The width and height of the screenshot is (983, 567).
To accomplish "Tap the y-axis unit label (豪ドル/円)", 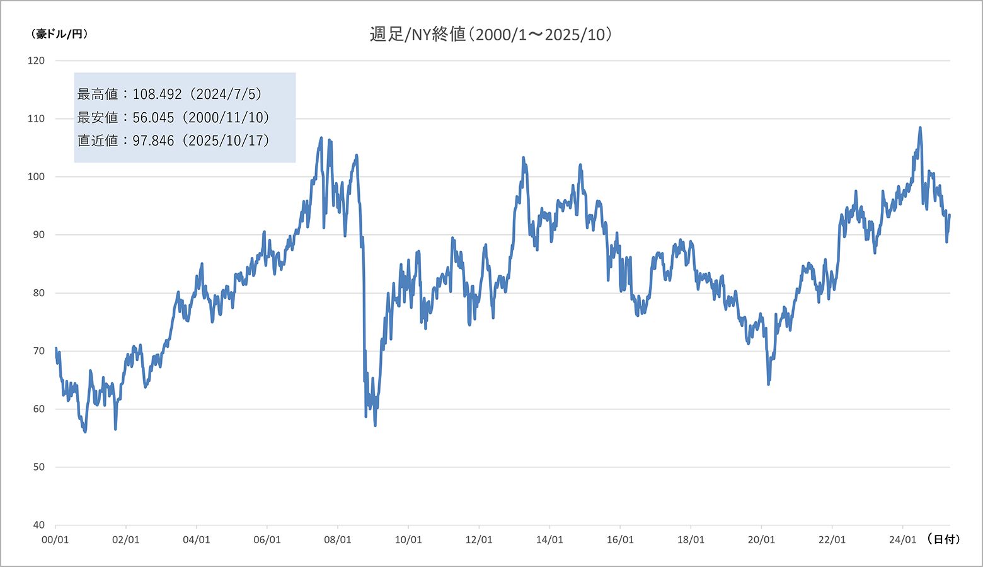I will (59, 34).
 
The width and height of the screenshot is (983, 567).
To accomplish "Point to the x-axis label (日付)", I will (943, 539).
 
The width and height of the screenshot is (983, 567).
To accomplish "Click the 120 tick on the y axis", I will (36, 60).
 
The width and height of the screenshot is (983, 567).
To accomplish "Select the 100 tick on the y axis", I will (36, 176).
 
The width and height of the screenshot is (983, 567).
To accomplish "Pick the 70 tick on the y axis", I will (38, 351).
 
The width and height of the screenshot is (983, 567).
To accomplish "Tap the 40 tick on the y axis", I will (38, 525).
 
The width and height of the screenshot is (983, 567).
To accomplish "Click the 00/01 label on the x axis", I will (55, 540).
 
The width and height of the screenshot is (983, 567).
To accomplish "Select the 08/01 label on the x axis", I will (338, 540).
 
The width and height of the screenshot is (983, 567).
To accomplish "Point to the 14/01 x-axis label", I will (549, 540).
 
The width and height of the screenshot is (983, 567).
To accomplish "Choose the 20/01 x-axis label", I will (761, 540).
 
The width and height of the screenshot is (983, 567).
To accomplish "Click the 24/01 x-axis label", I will (902, 540).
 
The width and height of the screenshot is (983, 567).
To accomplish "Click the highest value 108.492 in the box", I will (157, 94).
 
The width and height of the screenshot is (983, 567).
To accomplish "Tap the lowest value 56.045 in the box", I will (153, 118).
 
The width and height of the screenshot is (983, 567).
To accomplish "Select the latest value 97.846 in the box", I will (153, 140).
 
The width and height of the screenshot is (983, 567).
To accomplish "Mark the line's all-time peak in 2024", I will (920, 128).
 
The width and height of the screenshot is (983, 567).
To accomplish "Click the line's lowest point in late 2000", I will (85, 432).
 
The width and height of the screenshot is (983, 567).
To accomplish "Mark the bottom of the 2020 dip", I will (769, 384).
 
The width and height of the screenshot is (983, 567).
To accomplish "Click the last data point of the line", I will (950, 215).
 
